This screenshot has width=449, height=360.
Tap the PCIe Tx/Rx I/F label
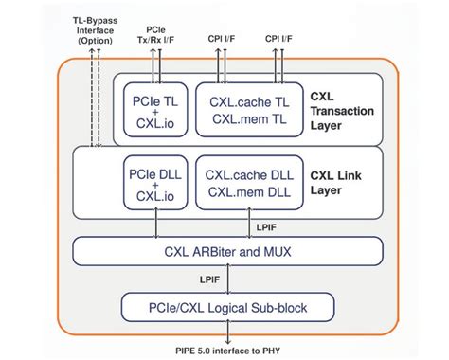(x=157, y=33)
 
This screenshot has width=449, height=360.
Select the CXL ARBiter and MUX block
(x=227, y=251)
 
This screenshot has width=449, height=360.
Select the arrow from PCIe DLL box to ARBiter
(x=155, y=225)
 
